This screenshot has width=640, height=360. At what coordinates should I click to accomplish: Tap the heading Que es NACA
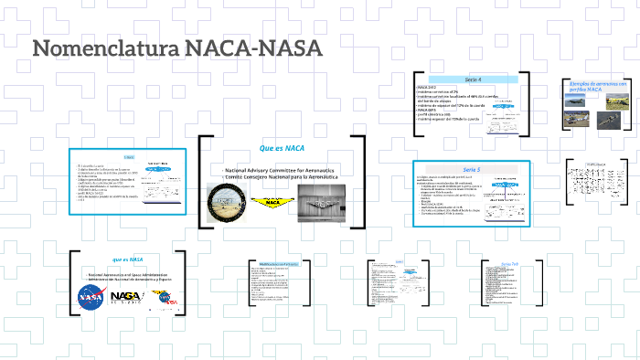point(282,147)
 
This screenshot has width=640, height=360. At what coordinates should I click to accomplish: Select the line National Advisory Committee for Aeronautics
point(283,171)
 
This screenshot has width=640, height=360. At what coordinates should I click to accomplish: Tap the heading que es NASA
point(128,259)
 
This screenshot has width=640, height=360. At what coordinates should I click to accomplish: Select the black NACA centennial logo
point(126,296)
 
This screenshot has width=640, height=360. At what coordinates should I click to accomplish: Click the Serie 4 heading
point(473,79)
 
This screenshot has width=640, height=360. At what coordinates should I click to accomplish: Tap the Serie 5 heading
point(471,170)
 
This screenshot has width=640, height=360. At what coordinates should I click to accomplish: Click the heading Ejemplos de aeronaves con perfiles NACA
point(597,87)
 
